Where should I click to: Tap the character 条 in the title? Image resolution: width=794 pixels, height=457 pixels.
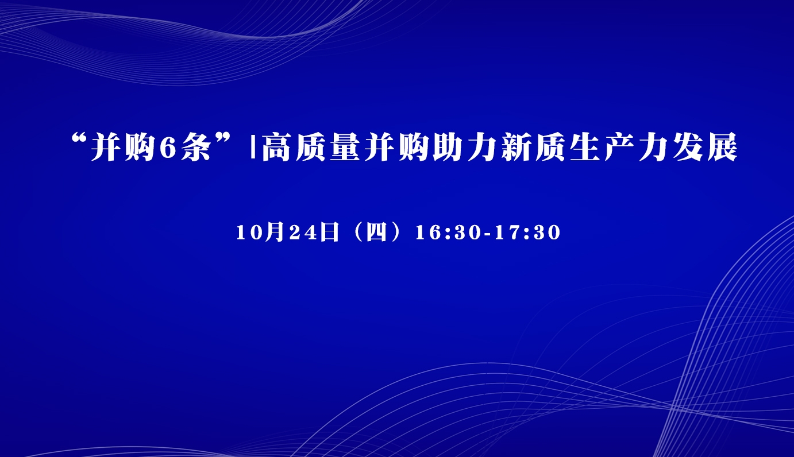pos(195,147)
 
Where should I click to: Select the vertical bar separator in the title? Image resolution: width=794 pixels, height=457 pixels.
pos(253,147)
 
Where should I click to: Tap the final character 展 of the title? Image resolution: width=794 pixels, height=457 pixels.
pos(722,147)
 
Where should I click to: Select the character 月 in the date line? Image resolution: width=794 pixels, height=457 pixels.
pos(274,232)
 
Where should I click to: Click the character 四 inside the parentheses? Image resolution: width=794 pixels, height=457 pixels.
pos(376,233)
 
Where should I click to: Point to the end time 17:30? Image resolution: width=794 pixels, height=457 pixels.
pos(527,233)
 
